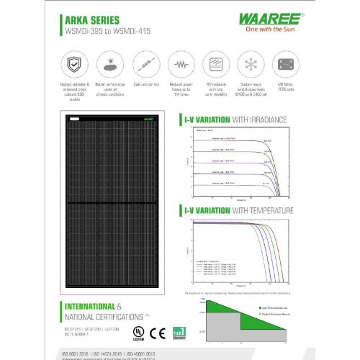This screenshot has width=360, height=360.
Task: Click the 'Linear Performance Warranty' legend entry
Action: click(278, 307)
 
